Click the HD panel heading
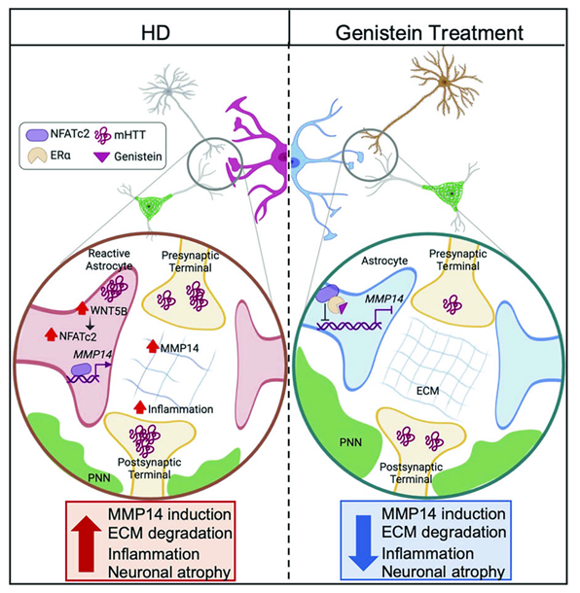[x=156, y=33]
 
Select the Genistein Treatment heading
[x=429, y=33]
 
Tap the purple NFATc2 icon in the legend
[x=37, y=134]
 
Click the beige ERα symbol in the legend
[x=37, y=156]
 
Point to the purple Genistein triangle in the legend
[x=102, y=157]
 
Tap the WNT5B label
[x=108, y=310]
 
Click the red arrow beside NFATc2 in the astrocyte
[x=52, y=334]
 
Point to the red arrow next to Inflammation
[x=140, y=407]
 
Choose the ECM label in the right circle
[x=427, y=390]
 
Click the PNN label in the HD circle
[x=99, y=478]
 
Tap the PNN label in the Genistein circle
[x=350, y=442]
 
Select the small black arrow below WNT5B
[x=91, y=323]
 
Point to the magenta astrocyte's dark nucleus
[x=282, y=157]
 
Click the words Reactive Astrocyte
[x=109, y=260]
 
